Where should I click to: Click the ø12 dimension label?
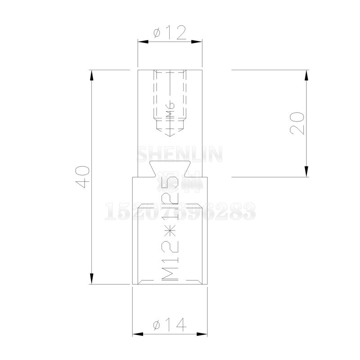click(170, 33)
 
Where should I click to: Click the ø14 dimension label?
click(170, 324)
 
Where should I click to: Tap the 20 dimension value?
click(297, 123)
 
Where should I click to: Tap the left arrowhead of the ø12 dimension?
click(142, 42)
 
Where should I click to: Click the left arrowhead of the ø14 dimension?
click(137, 334)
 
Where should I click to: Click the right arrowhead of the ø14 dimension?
click(203, 334)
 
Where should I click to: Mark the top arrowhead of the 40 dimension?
click(92, 75)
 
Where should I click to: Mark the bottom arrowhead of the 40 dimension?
click(92, 279)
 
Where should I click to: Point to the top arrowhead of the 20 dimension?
click(306, 75)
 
